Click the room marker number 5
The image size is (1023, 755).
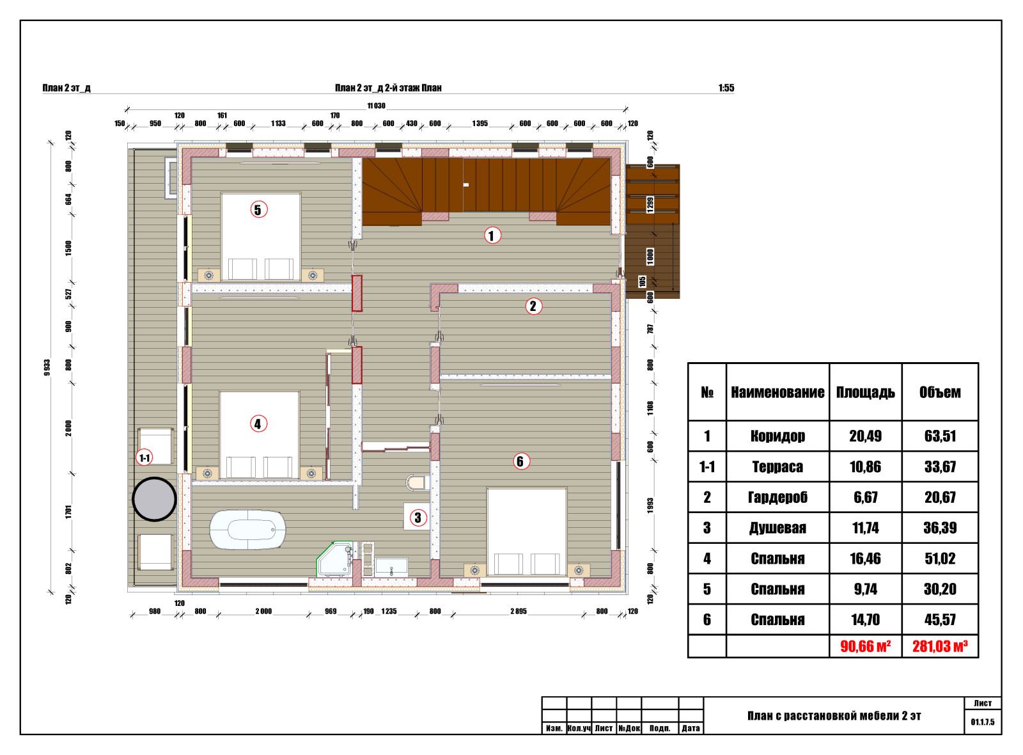coord(258,210)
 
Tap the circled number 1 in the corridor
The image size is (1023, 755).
coord(492,235)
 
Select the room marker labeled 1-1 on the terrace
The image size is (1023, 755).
coord(144,457)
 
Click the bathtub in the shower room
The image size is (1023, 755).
coord(247,530)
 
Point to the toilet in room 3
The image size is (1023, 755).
coord(418,482)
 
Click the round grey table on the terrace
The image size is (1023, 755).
coord(154,499)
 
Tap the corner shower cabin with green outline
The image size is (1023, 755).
coord(335,559)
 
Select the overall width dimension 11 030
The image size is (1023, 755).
coord(377,106)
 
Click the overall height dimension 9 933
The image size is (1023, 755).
coord(47,367)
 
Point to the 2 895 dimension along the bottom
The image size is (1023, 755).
coord(519,611)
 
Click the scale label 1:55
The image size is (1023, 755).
coord(726,88)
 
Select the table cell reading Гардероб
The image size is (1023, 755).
coord(777,497)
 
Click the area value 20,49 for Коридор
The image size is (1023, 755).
coord(866,436)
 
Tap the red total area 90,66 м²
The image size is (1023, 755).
coord(866,646)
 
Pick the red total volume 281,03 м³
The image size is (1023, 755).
coord(940,646)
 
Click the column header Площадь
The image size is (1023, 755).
coord(866,392)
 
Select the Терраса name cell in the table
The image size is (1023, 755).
coord(777,466)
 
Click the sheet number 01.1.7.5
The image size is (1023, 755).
coord(983,722)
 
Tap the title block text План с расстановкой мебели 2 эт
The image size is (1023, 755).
coord(834,716)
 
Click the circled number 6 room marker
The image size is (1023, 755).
coord(520,461)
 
